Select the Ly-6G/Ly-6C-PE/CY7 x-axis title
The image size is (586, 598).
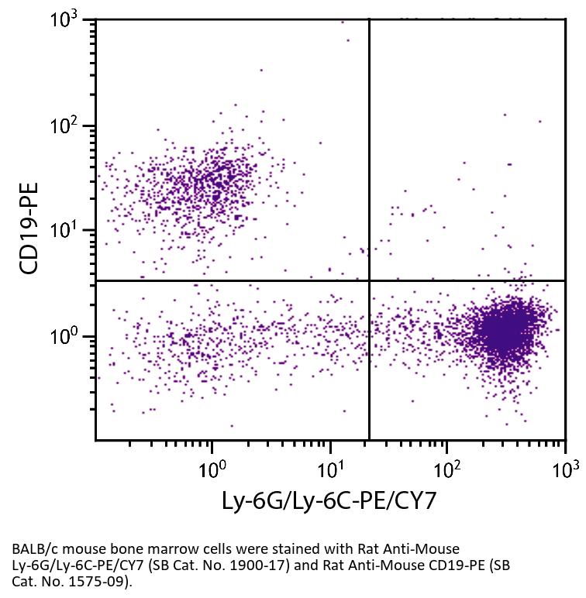(329, 501)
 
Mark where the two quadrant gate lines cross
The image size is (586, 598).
(369, 280)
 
